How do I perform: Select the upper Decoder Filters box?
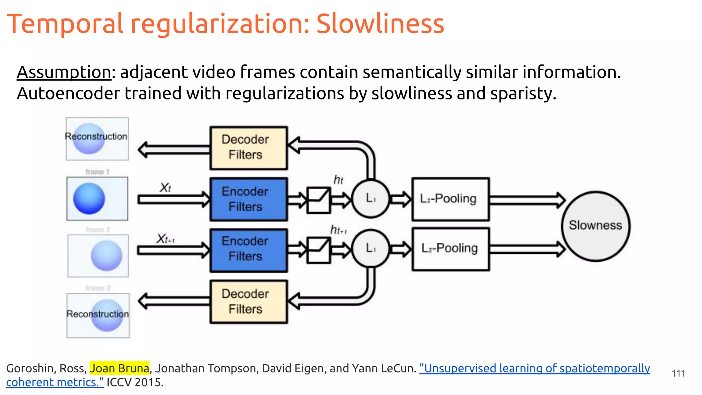coord(249,148)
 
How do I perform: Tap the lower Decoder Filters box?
coord(249,302)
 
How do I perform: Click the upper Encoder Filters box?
coord(249,199)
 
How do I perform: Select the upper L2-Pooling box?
coord(450,199)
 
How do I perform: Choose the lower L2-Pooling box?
coord(450,249)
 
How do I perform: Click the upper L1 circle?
coord(371,199)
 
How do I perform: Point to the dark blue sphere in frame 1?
coord(89,199)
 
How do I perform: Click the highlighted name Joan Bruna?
coord(119,368)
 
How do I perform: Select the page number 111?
coord(678,373)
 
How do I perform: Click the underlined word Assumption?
coord(64,72)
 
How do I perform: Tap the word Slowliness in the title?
coord(380,24)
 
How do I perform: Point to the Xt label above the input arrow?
coord(165,188)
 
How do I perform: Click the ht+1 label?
coord(338,230)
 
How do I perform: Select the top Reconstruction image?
coord(97,139)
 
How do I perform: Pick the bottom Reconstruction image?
coord(98,315)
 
